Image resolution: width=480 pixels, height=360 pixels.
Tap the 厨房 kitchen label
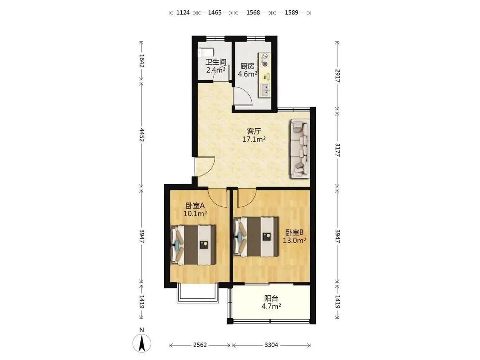[x=247, y=66]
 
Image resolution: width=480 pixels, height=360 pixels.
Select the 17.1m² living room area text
[x=254, y=139]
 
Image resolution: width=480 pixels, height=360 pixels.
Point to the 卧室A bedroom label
[x=195, y=205]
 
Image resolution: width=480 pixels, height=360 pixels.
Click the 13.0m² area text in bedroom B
[x=294, y=240]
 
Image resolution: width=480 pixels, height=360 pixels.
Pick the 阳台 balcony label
[x=271, y=298]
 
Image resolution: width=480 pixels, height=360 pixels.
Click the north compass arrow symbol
[x=141, y=343]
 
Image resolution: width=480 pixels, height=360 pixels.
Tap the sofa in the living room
[x=300, y=148]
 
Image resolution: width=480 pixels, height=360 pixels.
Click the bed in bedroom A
[x=193, y=245]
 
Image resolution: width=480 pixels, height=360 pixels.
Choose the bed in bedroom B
[x=256, y=237]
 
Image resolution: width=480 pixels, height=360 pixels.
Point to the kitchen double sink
[x=265, y=90]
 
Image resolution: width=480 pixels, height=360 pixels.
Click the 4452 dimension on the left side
[x=141, y=135]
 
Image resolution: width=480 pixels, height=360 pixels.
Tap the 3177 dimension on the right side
[x=337, y=150]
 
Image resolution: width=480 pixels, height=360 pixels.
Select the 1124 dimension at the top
[x=183, y=12]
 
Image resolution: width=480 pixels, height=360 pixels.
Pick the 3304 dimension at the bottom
[x=271, y=345]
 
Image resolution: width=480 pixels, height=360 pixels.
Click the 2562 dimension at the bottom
[x=200, y=345]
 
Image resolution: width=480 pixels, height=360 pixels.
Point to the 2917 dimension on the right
[x=337, y=76]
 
